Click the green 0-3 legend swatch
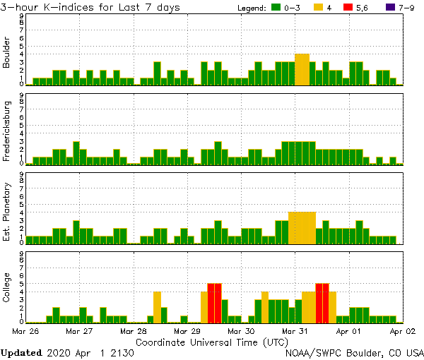coord(274,8)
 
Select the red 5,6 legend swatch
coord(348,8)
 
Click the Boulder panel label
coord(8,54)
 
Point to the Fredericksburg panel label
coord(8,133)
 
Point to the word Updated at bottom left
coord(22,352)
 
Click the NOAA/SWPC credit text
coord(353,352)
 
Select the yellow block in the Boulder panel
coord(302,69)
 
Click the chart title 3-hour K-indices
coord(90,7)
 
